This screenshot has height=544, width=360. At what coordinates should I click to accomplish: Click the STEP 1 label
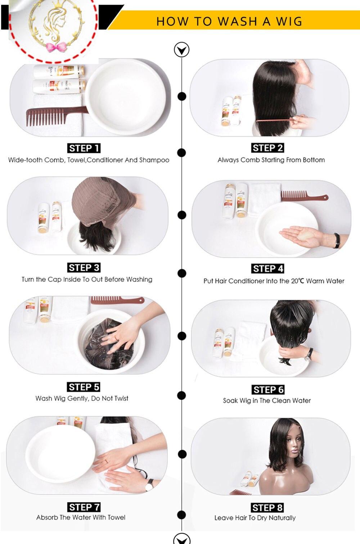(x=84, y=148)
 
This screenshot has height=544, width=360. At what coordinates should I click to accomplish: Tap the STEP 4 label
(x=267, y=269)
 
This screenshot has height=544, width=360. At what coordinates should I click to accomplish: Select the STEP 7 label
(x=84, y=507)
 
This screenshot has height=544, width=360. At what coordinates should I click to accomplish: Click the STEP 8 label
(x=267, y=508)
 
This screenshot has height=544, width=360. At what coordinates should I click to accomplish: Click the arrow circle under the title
(x=181, y=50)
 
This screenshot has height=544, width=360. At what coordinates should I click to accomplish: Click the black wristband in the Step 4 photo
(x=337, y=240)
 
